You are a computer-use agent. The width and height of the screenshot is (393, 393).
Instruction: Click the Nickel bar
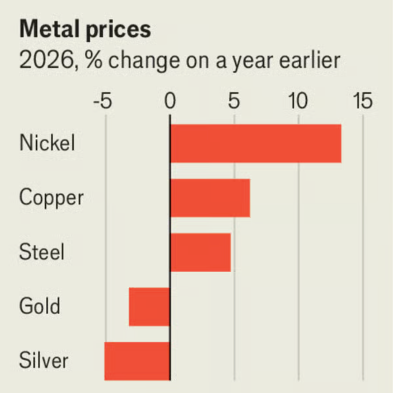click(256, 143)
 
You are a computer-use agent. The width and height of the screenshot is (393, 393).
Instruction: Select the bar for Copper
click(210, 198)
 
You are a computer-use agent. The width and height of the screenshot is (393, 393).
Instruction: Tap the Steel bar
click(201, 252)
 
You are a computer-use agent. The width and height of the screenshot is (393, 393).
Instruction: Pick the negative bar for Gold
click(150, 307)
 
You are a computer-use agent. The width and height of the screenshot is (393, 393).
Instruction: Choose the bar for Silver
click(137, 361)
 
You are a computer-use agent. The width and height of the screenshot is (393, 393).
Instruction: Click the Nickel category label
click(47, 143)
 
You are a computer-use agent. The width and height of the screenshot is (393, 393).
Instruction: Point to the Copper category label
click(51, 198)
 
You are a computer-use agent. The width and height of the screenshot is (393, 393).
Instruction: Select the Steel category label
click(41, 252)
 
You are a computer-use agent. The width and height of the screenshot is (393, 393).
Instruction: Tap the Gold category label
click(40, 306)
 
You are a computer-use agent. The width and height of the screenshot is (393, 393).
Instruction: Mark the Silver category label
click(44, 361)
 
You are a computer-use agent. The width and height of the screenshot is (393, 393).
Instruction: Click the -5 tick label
click(103, 101)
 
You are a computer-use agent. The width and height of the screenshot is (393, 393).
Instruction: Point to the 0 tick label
click(170, 101)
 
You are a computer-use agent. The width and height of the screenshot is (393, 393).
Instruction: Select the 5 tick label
click(235, 101)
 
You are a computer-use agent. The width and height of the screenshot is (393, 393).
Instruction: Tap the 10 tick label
click(299, 101)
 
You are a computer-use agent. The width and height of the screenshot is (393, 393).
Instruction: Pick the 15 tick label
click(363, 101)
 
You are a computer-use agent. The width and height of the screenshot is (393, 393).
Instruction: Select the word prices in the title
click(118, 30)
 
